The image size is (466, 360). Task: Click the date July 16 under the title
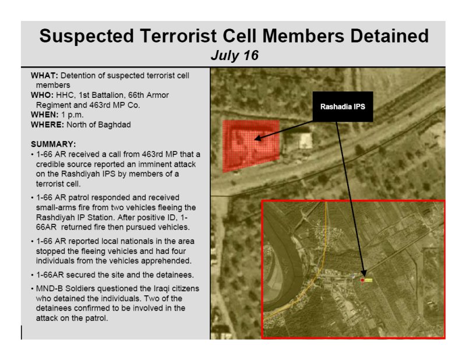(235, 55)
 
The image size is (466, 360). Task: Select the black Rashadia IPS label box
(343, 107)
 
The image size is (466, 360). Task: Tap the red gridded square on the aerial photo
(251, 146)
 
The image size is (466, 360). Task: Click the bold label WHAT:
(44, 76)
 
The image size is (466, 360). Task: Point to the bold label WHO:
(42, 95)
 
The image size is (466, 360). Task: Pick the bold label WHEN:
(45, 115)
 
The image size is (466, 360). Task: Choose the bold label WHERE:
(47, 125)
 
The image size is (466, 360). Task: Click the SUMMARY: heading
(54, 144)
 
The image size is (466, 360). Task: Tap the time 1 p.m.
(72, 115)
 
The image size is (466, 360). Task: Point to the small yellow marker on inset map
(369, 280)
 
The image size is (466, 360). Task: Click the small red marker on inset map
(362, 280)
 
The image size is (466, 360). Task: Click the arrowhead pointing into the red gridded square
(257, 138)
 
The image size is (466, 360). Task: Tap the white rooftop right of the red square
(305, 140)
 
